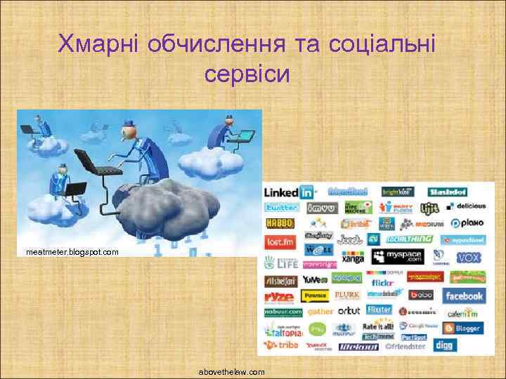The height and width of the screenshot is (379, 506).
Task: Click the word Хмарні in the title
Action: point(100,44)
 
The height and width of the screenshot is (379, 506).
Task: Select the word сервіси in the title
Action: point(247,72)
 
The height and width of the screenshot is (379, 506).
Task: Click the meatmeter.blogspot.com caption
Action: point(72,251)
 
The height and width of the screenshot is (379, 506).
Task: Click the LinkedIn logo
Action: point(288,192)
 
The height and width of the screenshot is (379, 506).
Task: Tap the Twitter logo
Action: point(281,208)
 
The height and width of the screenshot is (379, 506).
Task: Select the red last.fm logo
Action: point(278,241)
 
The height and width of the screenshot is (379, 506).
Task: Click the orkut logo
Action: point(349,310)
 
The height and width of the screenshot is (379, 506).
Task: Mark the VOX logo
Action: point(468,258)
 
